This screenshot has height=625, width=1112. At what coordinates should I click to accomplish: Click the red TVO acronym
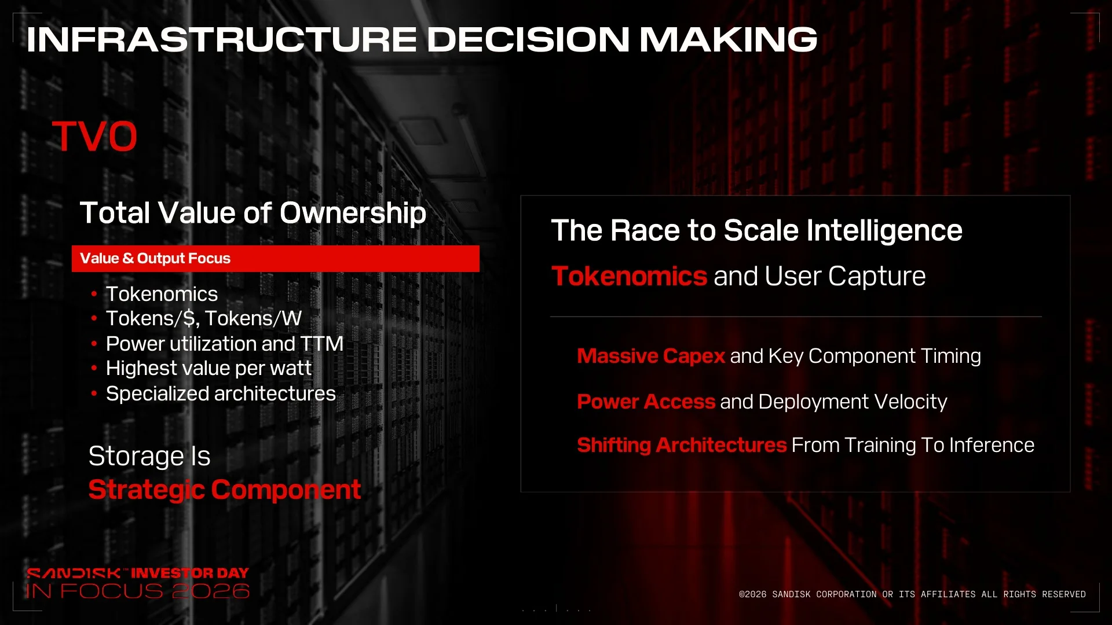pyautogui.click(x=94, y=137)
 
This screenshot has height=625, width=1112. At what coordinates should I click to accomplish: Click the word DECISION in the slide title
pyautogui.click(x=528, y=39)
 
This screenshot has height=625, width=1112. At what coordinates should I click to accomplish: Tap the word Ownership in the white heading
pyautogui.click(x=353, y=214)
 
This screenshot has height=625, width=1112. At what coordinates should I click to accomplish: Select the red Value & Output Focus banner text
pyautogui.click(x=155, y=259)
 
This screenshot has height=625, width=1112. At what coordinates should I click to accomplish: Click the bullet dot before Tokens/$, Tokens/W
pyautogui.click(x=94, y=318)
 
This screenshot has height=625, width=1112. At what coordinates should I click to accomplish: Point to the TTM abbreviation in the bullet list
pyautogui.click(x=322, y=344)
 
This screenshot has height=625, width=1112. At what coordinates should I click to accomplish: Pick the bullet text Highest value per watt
pyautogui.click(x=209, y=369)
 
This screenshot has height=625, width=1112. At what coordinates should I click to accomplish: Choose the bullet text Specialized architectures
pyautogui.click(x=221, y=394)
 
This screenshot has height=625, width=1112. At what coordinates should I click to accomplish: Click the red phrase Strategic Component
pyautogui.click(x=225, y=490)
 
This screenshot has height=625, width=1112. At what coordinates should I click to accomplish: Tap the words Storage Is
pyautogui.click(x=149, y=456)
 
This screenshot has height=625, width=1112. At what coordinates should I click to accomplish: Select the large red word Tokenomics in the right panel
pyautogui.click(x=629, y=276)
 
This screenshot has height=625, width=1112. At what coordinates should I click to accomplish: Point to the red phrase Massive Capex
pyautogui.click(x=651, y=356)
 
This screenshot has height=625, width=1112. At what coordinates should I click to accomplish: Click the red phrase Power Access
pyautogui.click(x=646, y=402)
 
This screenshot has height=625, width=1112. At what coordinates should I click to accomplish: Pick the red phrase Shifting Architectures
pyautogui.click(x=682, y=445)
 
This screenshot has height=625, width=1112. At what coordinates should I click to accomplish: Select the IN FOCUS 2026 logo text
pyautogui.click(x=138, y=591)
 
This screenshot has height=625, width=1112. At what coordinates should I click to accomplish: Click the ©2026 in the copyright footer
pyautogui.click(x=752, y=594)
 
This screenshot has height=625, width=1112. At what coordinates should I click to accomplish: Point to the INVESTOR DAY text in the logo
pyautogui.click(x=190, y=573)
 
